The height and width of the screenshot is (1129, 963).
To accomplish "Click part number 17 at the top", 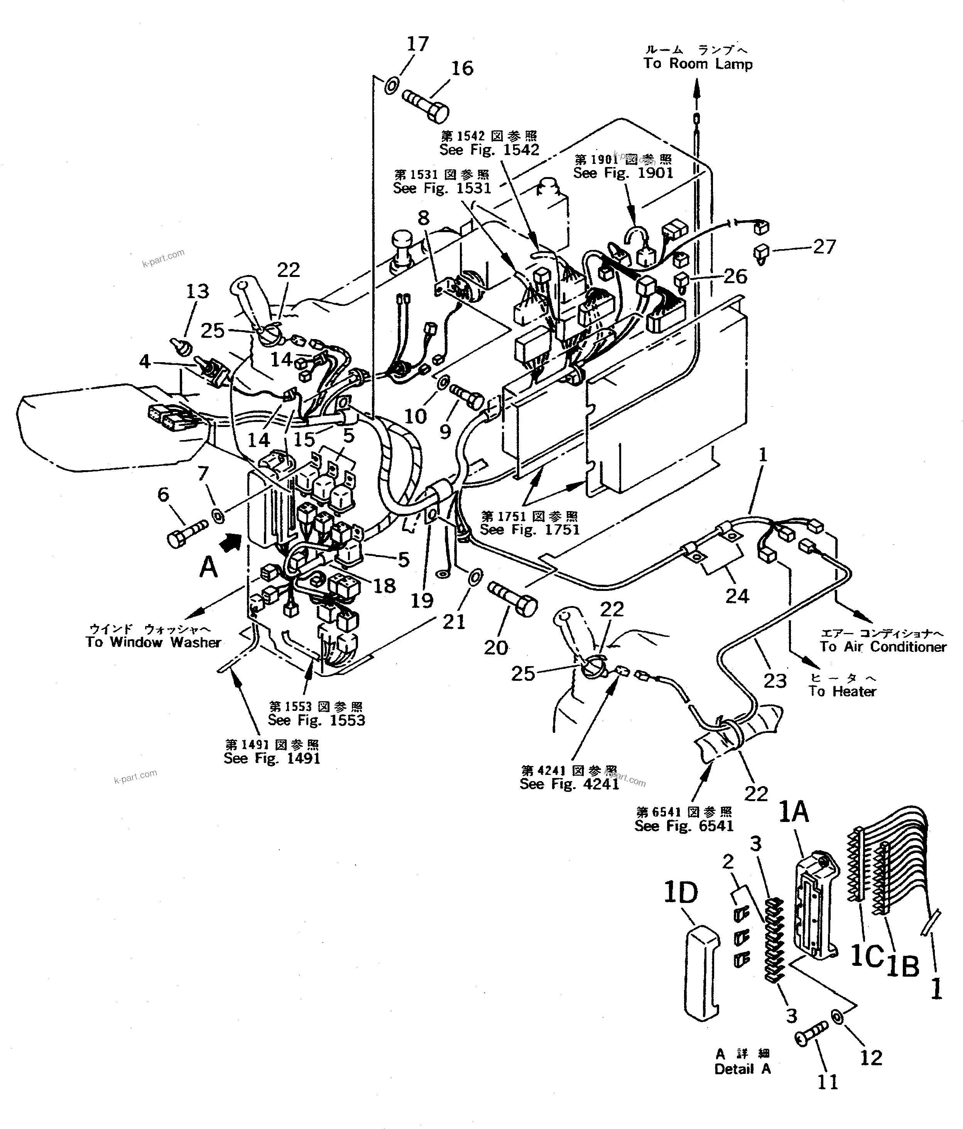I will click(x=418, y=44).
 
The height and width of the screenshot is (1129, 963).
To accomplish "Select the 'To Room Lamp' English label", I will click(x=698, y=64).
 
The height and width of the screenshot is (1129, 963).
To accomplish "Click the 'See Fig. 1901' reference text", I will click(x=623, y=173).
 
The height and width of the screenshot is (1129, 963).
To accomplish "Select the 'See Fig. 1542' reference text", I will click(x=489, y=150).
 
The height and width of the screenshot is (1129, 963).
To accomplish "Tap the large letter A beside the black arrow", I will click(x=208, y=568).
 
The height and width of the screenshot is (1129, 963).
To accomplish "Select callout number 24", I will click(x=737, y=596).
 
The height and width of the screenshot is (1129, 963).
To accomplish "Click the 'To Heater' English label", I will click(x=842, y=692).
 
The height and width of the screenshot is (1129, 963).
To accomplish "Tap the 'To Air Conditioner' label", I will click(x=883, y=647).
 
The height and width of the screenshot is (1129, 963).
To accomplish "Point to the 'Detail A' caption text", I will click(x=742, y=1069).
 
